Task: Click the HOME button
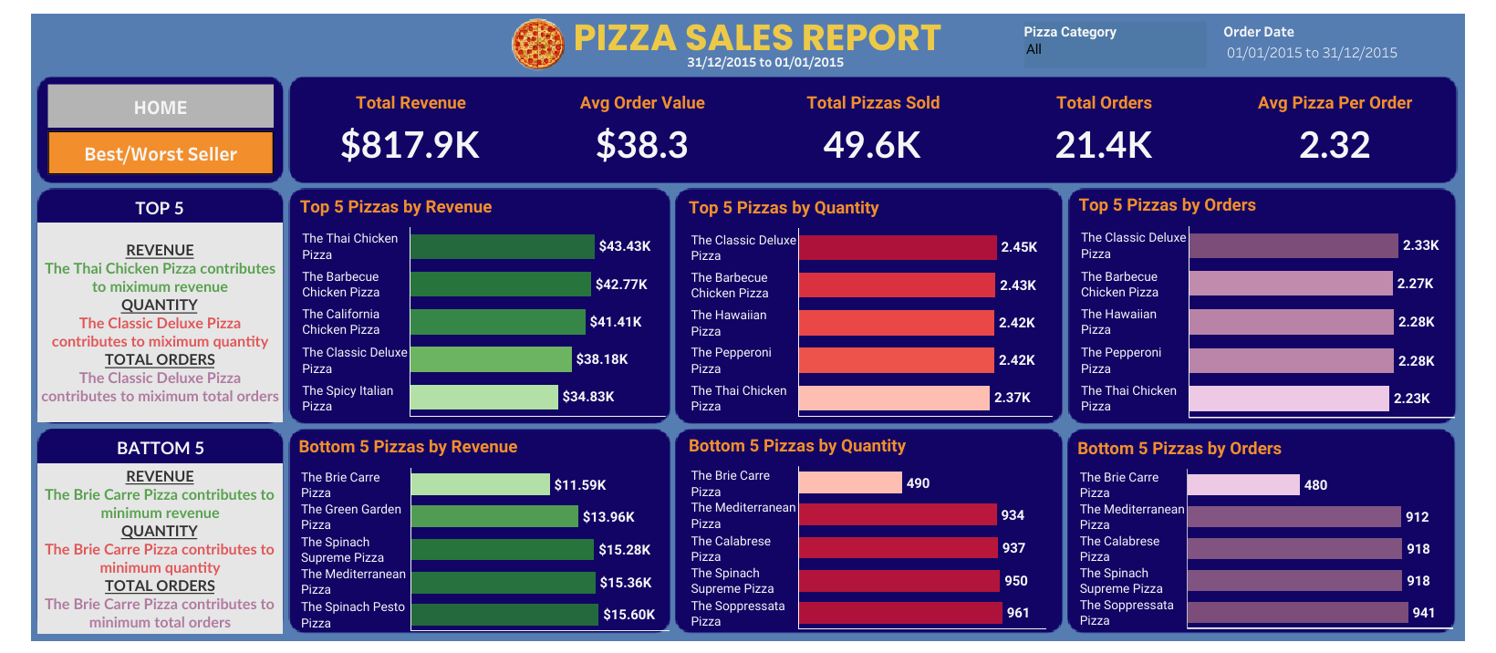pyautogui.click(x=161, y=107)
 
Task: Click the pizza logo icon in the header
pyautogui.click(x=538, y=45)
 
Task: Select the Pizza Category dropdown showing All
pyautogui.click(x=1113, y=50)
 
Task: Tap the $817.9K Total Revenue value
pyautogui.click(x=410, y=145)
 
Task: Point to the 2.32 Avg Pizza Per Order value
pyautogui.click(x=1335, y=145)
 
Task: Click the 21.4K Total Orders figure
pyautogui.click(x=1104, y=145)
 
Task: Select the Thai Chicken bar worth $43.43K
pyautogui.click(x=502, y=246)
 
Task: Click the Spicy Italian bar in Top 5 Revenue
pyautogui.click(x=483, y=397)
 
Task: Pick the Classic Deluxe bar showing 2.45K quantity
pyautogui.click(x=897, y=247)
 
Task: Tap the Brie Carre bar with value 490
pyautogui.click(x=849, y=482)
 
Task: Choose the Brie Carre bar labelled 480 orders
pyautogui.click(x=1242, y=484)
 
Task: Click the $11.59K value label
pyautogui.click(x=580, y=485)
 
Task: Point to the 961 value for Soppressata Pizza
pyautogui.click(x=1018, y=613)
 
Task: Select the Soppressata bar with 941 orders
pyautogui.click(x=1297, y=613)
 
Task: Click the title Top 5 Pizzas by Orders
pyautogui.click(x=1167, y=205)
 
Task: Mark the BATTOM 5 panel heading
pyautogui.click(x=161, y=448)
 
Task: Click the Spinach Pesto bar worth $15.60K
pyautogui.click(x=504, y=615)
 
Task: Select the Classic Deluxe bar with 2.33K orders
pyautogui.click(x=1293, y=245)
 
